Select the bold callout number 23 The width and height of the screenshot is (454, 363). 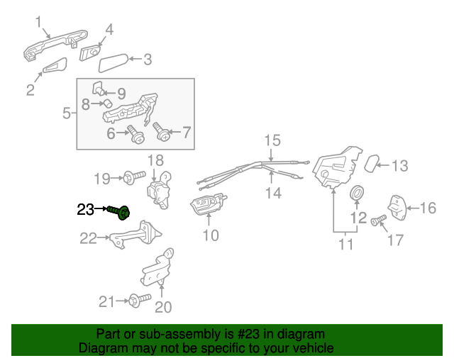tap(85, 209)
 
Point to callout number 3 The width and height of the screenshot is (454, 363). tap(148, 60)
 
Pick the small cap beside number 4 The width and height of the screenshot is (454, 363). tap(90, 53)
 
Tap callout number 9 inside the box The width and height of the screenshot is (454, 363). tap(121, 93)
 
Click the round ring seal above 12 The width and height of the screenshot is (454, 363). tap(358, 192)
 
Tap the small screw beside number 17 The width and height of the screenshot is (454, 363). tap(377, 221)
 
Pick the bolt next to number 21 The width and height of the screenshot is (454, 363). tap(137, 301)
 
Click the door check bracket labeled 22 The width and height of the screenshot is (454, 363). tap(135, 234)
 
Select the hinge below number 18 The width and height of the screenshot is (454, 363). tap(160, 190)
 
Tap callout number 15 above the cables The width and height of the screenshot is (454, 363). tap(273, 140)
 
